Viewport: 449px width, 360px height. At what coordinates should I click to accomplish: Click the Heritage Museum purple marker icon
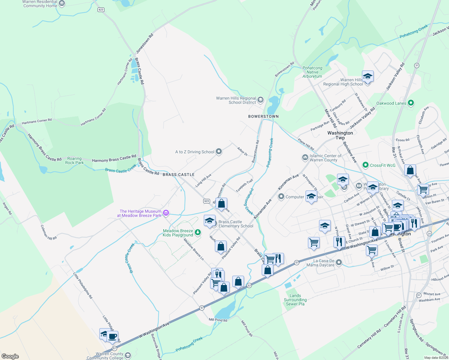click(166, 213)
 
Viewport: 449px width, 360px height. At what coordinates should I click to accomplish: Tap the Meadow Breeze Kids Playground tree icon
click(198, 232)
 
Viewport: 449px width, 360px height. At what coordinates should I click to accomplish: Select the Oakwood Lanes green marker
click(411, 103)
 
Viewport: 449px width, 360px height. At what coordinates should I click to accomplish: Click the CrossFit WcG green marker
click(365, 165)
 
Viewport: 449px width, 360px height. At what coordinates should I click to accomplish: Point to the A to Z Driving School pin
click(219, 151)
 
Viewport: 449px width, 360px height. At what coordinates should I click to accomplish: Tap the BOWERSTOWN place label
click(263, 116)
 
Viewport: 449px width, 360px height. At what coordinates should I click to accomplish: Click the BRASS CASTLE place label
click(179, 175)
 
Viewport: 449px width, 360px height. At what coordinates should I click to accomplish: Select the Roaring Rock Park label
click(74, 160)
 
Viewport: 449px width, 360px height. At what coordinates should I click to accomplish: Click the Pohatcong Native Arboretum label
click(312, 72)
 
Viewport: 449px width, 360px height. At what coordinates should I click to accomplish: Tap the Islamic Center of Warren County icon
click(305, 157)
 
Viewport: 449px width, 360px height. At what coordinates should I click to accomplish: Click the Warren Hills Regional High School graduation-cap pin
click(367, 76)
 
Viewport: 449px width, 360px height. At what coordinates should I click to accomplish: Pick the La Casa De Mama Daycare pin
click(339, 263)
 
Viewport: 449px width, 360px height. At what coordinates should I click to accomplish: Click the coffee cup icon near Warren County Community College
click(113, 337)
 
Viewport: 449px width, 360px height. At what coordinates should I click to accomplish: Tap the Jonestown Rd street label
click(145, 43)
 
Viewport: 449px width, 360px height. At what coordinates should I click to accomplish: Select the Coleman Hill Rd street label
click(49, 232)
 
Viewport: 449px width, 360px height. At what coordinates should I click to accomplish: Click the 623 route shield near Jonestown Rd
click(101, 10)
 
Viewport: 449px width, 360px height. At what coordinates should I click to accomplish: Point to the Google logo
click(10, 356)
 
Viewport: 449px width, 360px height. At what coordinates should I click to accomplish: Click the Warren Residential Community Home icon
click(62, 4)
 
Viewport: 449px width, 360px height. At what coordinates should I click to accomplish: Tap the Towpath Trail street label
click(244, 186)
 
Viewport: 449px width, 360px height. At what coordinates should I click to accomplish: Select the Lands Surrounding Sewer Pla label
click(295, 300)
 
